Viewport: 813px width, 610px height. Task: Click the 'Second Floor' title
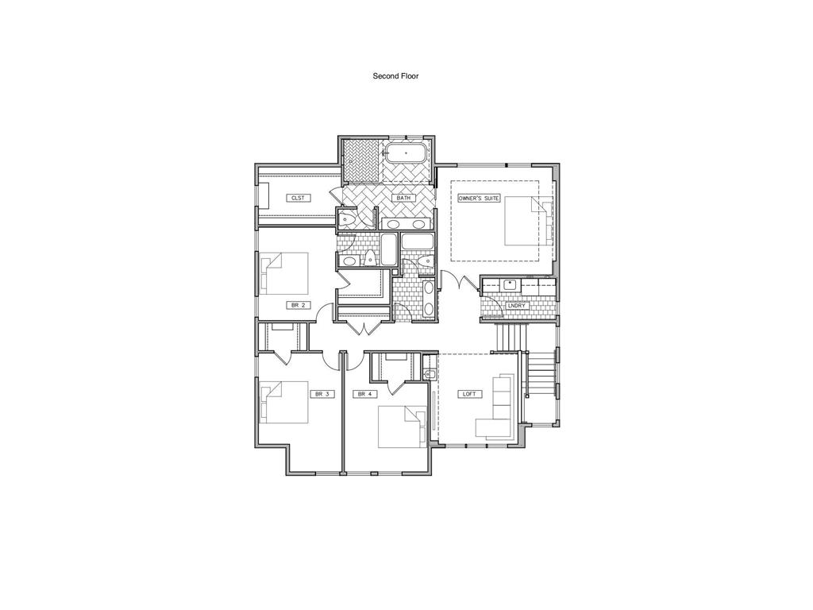click(395, 76)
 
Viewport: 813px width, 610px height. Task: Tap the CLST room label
click(298, 198)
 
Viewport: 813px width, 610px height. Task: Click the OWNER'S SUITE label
click(479, 197)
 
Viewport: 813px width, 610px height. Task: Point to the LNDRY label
click(517, 304)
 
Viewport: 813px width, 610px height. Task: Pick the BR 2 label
click(296, 305)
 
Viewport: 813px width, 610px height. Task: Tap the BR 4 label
click(365, 393)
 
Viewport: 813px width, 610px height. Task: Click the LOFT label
click(470, 393)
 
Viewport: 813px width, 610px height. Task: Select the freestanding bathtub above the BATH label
click(406, 152)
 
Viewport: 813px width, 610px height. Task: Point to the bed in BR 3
click(283, 402)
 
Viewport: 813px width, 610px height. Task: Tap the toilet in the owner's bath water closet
click(346, 221)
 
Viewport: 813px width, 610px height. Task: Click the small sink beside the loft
click(430, 373)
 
